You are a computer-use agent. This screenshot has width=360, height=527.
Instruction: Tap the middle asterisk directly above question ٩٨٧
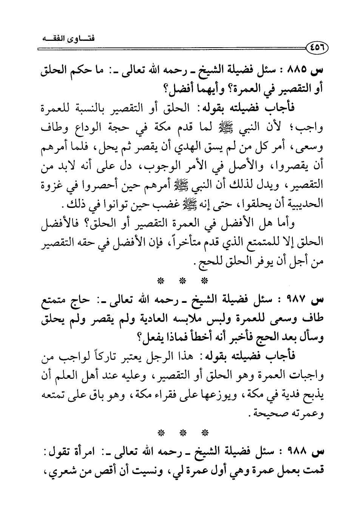(x=182, y=281)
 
